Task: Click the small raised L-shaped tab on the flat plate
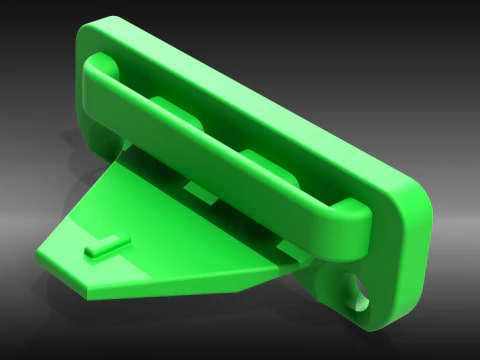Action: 105,244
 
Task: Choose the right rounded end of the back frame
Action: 415,215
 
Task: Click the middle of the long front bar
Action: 215,150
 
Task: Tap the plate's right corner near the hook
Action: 290,262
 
